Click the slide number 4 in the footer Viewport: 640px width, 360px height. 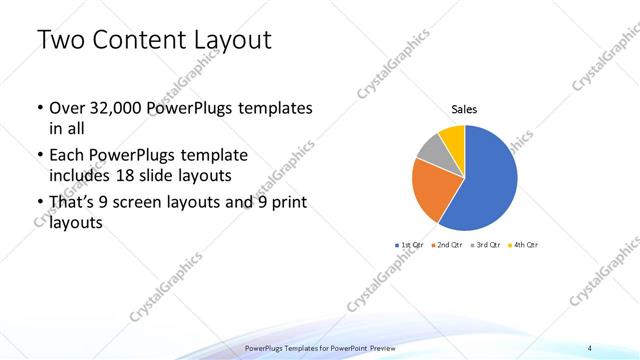[x=590, y=347]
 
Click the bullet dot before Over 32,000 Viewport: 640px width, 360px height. [x=38, y=108]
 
